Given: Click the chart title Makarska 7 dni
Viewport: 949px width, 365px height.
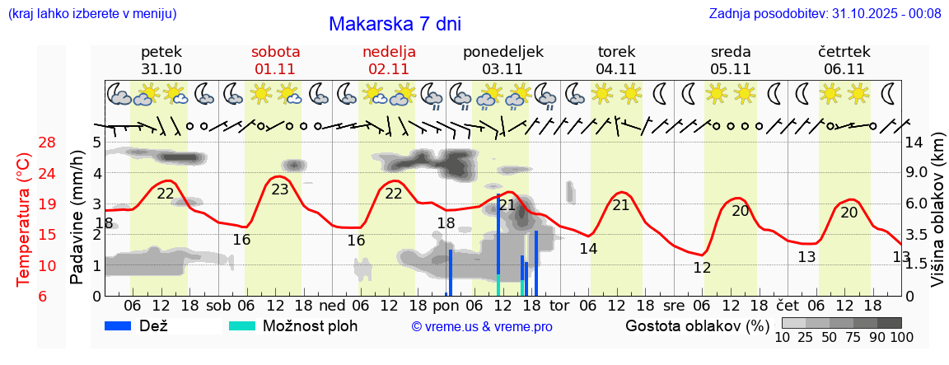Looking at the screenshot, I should point(395,24).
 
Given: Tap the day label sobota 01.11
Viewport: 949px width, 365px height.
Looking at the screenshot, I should point(275,60).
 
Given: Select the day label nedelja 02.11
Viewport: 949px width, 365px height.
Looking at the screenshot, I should point(389,60).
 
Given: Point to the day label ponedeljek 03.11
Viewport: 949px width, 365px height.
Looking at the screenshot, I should point(503,60).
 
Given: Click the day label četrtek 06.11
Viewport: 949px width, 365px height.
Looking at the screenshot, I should point(844,60).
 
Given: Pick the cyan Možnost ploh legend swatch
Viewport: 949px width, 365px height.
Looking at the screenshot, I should point(242,325).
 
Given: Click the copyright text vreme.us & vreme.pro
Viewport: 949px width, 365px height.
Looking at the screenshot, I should point(482,327).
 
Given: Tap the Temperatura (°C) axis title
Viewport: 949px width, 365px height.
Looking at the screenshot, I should point(24,220).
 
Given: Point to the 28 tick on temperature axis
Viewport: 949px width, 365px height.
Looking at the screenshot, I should point(48,143).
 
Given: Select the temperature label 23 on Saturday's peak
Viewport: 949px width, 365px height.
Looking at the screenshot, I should point(280,189).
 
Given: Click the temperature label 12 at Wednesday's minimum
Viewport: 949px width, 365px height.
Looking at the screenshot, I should point(702,268).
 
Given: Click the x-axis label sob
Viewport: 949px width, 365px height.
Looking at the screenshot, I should point(218,305).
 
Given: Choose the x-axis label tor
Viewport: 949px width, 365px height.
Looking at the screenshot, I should point(559,305).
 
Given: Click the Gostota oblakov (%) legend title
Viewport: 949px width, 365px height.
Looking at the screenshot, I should point(697,325).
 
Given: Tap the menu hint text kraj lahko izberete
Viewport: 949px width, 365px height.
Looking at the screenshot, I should point(91,14).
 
